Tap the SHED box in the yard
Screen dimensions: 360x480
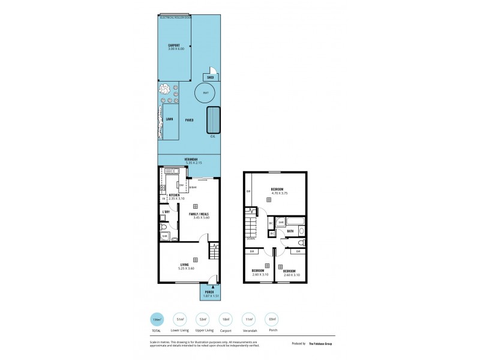pos(210,77)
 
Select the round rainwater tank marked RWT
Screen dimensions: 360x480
pos(206,93)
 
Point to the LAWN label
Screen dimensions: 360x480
pos(169,119)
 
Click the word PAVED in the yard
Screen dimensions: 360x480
pos(189,119)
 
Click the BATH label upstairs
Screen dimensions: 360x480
pos(290,230)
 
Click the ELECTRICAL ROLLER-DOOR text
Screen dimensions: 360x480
pos(175,17)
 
